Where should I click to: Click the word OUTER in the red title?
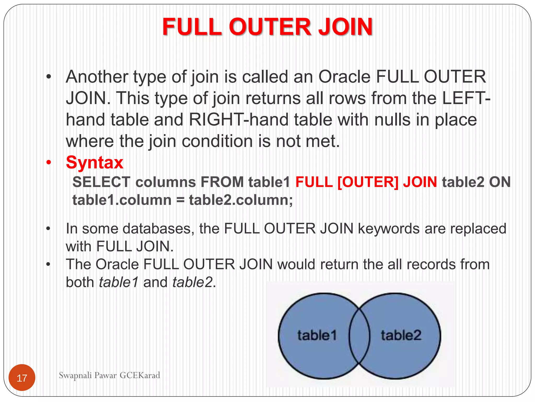coord(270,27)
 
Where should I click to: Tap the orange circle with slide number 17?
coord(22,378)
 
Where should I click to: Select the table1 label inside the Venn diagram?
coord(317,335)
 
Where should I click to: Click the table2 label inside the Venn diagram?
coord(401,335)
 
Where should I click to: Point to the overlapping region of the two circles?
coord(359,336)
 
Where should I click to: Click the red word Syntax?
coord(95,163)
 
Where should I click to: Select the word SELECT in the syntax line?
coord(101,182)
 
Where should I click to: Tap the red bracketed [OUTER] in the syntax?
coord(368,182)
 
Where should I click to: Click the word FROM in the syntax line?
coord(222,182)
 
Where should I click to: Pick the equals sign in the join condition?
coord(180,200)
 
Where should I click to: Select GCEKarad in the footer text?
coord(140,375)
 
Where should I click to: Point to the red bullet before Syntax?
coord(49,163)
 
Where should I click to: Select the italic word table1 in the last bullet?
coord(119,282)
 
